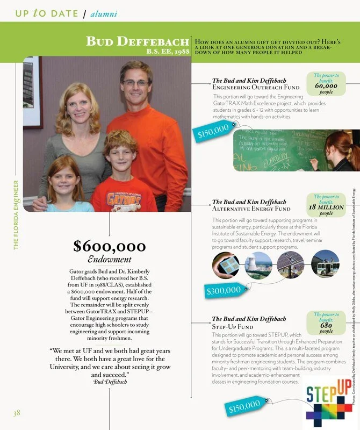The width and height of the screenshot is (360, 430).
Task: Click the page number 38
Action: click(x=17, y=413)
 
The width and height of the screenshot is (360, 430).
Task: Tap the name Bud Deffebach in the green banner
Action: click(x=138, y=42)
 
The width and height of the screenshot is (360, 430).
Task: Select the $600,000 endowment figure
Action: click(x=110, y=246)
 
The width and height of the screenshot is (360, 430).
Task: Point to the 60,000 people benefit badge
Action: click(x=326, y=85)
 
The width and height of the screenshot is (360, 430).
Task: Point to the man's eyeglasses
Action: click(x=135, y=83)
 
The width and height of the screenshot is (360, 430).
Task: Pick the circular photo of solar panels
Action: click(x=290, y=265)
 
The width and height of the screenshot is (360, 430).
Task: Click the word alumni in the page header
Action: click(x=104, y=13)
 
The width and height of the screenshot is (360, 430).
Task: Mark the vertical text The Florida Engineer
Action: click(x=16, y=214)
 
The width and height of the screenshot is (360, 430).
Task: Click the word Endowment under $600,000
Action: click(x=110, y=260)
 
